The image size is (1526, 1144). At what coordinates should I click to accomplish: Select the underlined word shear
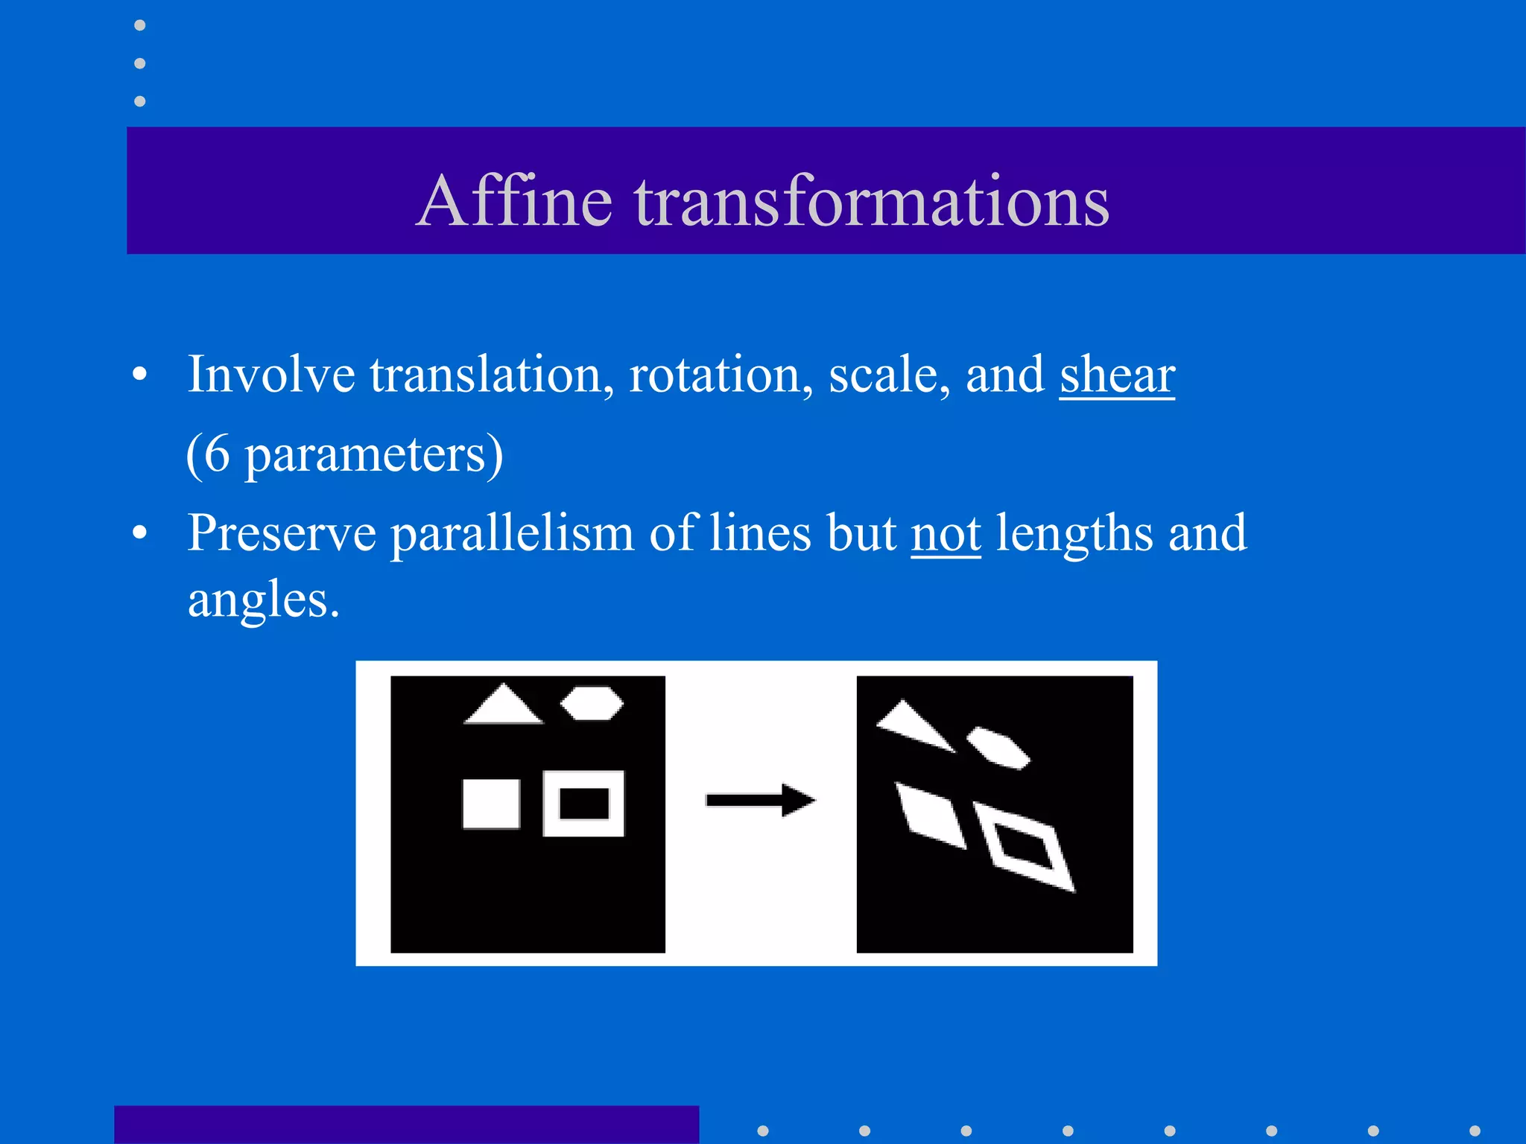point(1116,375)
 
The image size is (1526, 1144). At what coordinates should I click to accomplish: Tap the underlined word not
point(946,533)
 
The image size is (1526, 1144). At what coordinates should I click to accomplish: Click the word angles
point(262,600)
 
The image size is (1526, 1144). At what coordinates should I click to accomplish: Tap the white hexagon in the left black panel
point(592,703)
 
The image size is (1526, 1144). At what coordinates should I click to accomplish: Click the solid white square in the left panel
point(491,804)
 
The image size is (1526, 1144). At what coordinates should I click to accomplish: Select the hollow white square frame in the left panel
point(551,804)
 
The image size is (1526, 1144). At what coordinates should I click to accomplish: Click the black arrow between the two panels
point(760,801)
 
